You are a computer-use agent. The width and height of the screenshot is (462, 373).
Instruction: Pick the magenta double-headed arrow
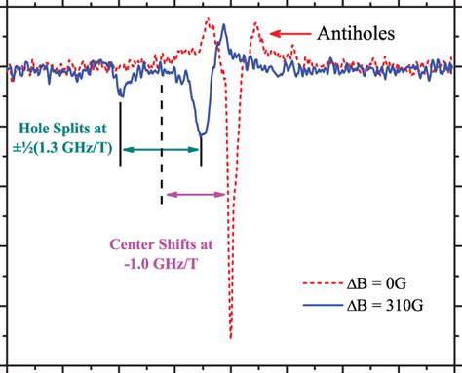pos(196,195)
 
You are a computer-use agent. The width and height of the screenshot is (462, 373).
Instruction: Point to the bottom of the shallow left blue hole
pos(121,95)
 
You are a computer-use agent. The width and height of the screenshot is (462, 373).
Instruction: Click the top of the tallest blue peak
pos(223,25)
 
